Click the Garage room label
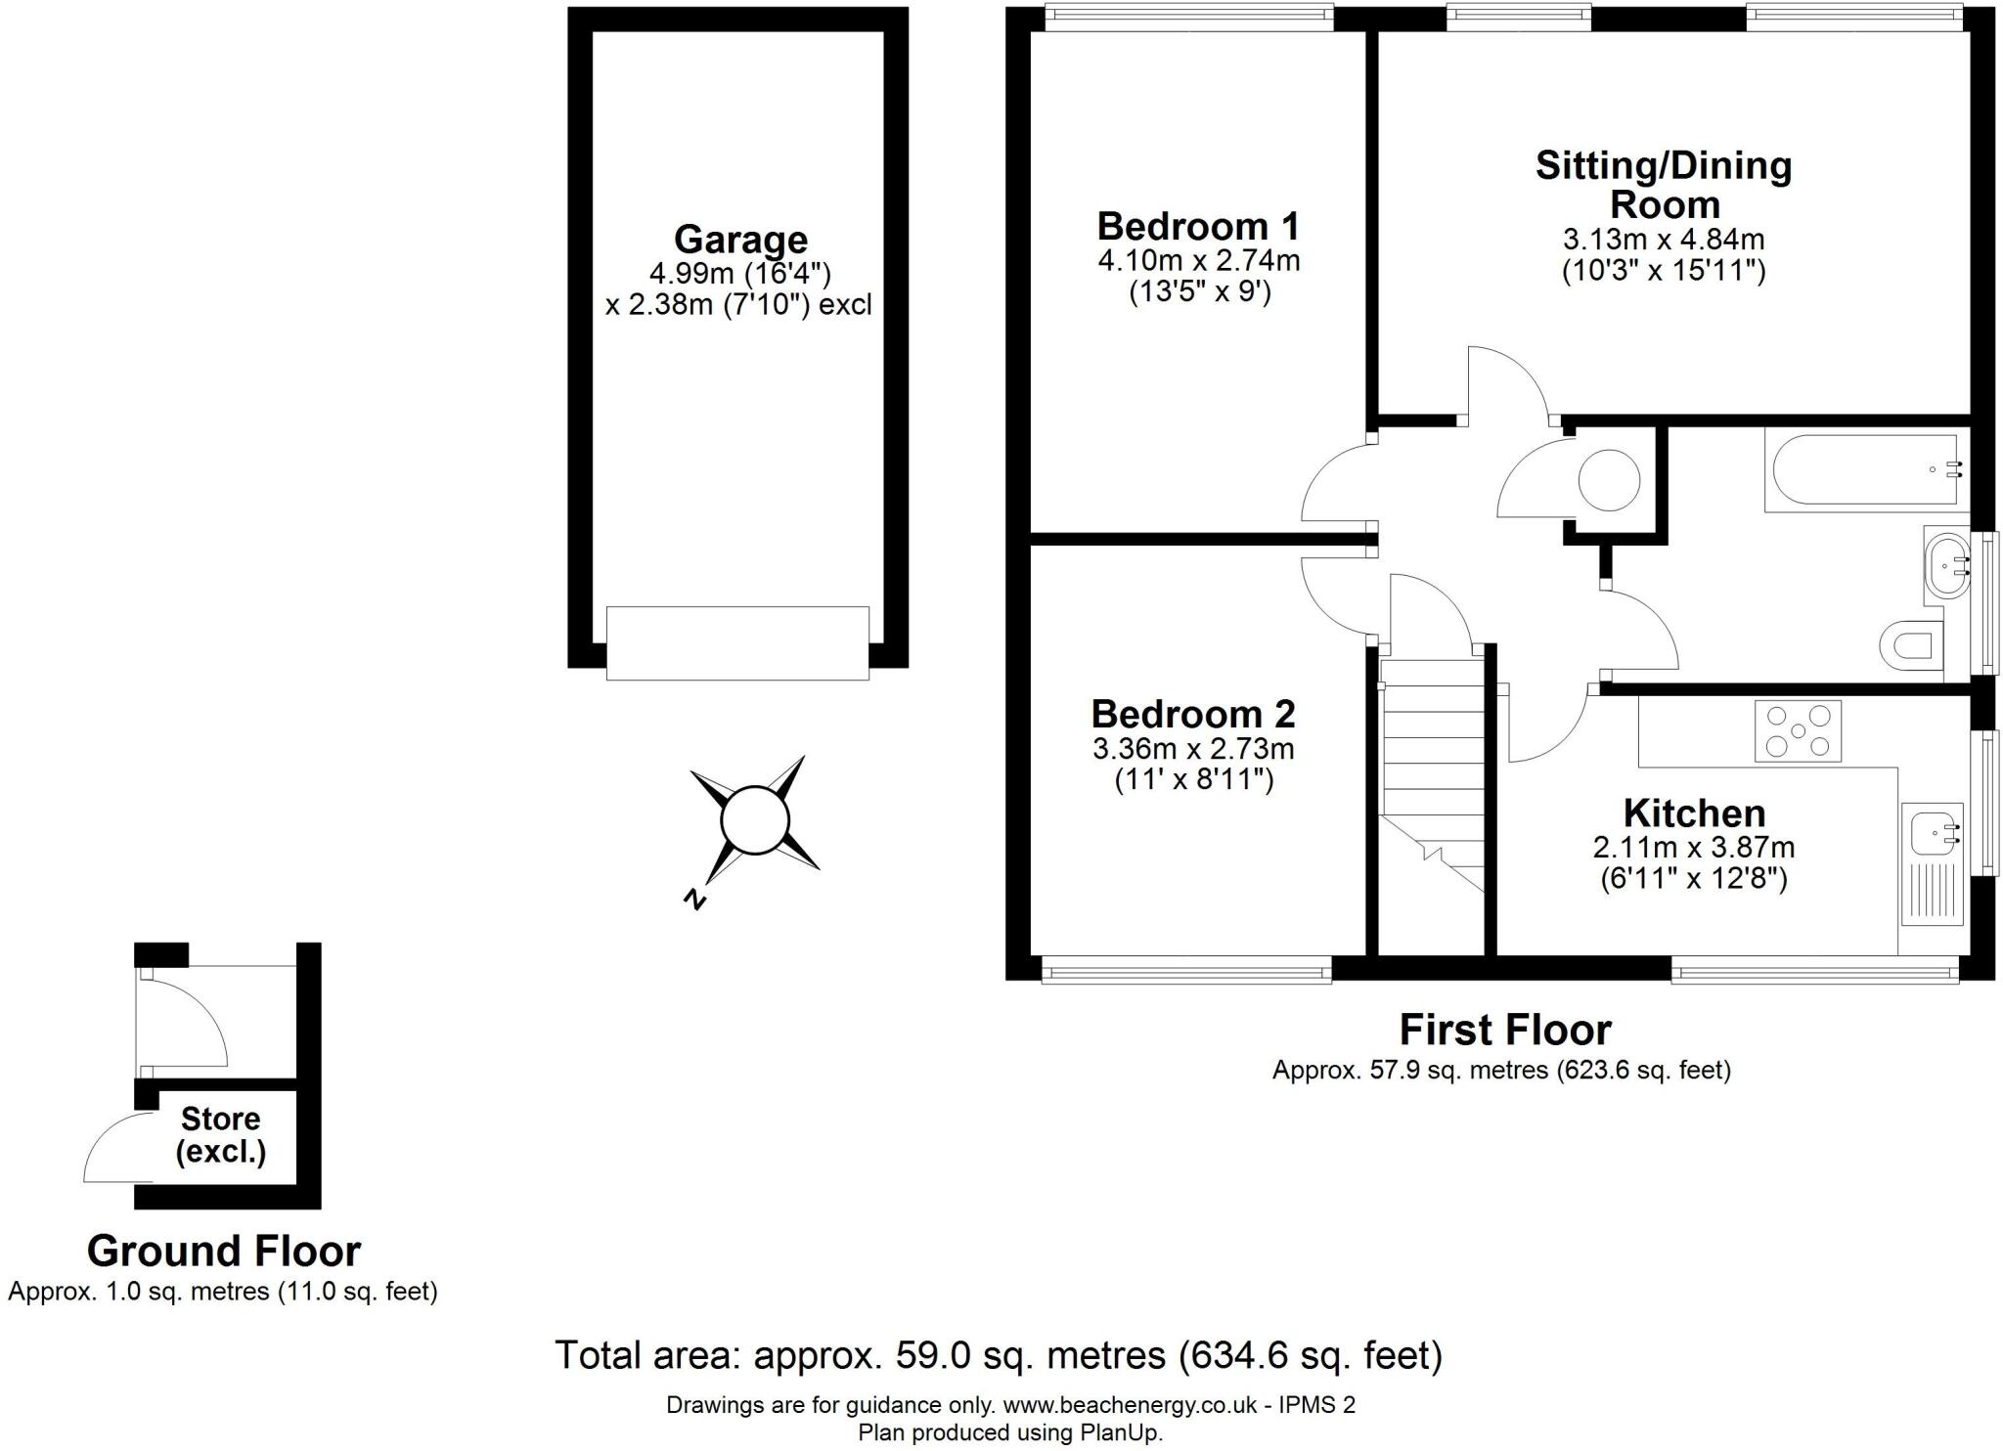(740, 240)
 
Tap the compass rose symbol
(754, 820)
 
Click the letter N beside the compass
(695, 899)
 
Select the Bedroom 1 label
(1198, 227)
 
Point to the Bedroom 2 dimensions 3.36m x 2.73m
(1193, 749)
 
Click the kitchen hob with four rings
(1798, 730)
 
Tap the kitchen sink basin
(1933, 831)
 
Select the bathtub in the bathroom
(1863, 468)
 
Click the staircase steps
(1432, 763)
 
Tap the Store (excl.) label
(221, 1135)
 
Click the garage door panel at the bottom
(737, 642)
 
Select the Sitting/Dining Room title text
(1664, 185)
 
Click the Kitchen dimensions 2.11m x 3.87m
(1694, 847)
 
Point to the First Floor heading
(1505, 1030)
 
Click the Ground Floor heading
(224, 1251)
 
